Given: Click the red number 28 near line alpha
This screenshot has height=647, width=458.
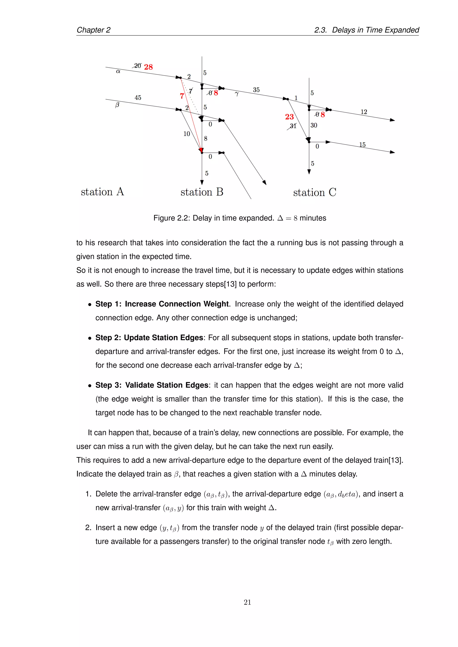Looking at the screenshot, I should (x=148, y=67).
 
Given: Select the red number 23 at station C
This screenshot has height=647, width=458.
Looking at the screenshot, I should (x=289, y=117).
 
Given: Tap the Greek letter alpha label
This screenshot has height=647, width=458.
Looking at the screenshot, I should (x=118, y=71).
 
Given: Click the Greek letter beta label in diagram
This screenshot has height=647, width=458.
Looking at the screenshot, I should (x=117, y=105).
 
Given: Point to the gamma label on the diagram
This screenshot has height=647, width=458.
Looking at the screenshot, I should (x=237, y=94).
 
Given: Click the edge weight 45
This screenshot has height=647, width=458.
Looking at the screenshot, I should (x=138, y=97).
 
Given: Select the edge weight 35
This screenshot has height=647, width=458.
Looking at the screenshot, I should (x=256, y=90).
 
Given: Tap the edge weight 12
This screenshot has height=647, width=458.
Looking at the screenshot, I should (x=364, y=112).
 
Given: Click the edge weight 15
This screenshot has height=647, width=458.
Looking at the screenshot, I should (x=362, y=145).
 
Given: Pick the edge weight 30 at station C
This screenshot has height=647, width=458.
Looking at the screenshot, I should (x=314, y=125).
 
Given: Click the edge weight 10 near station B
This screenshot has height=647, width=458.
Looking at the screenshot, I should (x=187, y=134).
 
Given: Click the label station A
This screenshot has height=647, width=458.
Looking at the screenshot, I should (x=102, y=192).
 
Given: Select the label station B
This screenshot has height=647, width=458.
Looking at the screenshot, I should (x=202, y=192).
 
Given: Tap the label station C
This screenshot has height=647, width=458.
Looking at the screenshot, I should (x=314, y=192).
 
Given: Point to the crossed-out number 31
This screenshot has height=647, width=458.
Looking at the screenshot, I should (x=293, y=126).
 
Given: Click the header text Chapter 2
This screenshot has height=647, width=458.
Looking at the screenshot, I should (x=93, y=30).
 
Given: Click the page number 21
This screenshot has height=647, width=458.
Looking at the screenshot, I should (x=247, y=602).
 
